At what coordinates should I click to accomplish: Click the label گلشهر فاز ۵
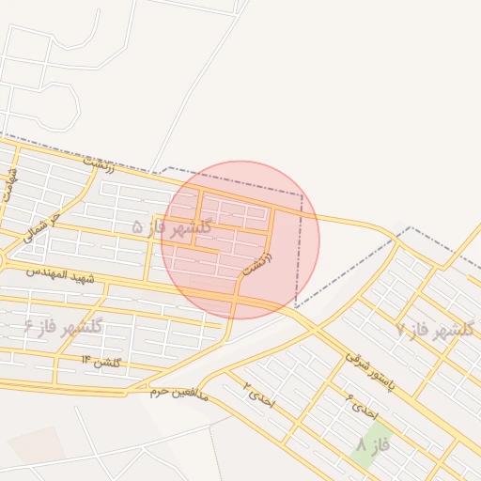pos(172,226)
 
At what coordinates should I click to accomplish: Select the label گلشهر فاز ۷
pos(436,329)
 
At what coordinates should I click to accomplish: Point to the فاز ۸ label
pos(373,444)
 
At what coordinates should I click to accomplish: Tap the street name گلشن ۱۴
pos(101,360)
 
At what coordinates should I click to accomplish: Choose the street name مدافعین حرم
pos(183,393)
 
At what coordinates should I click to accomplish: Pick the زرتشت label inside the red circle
pos(256,262)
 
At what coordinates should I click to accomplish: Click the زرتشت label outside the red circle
pos(98,163)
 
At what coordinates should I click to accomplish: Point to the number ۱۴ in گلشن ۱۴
pos(85,360)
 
